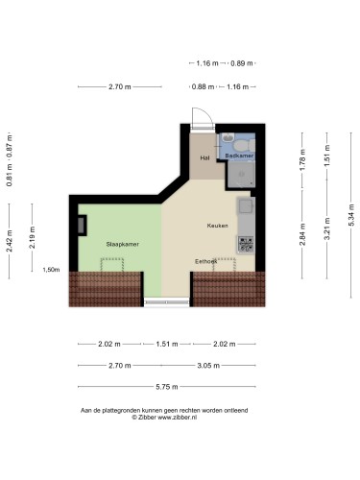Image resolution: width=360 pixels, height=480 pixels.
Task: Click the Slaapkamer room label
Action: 123,244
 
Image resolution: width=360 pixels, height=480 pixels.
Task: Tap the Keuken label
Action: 217,226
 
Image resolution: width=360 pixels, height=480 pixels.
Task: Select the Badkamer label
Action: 239,156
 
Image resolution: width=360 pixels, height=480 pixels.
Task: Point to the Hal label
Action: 204,157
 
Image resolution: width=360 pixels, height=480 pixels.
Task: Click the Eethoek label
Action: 206,261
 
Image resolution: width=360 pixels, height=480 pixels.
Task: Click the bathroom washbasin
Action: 228,138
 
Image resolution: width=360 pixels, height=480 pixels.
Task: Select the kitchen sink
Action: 246,205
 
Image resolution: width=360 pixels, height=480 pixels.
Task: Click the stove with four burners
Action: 246,244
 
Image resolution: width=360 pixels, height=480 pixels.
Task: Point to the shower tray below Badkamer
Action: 242,174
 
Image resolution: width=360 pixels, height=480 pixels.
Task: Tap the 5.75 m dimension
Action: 167,387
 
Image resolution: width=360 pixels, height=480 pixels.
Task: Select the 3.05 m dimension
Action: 208,365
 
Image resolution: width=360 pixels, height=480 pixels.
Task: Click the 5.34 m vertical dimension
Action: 351,215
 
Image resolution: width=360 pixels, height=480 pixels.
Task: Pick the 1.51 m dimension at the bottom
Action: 167,344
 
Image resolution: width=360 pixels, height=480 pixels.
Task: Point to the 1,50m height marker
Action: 51,270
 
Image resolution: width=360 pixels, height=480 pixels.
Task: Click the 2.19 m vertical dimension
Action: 32,237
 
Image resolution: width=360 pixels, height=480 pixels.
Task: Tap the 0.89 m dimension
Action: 242,63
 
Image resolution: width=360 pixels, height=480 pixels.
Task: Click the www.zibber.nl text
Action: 177,418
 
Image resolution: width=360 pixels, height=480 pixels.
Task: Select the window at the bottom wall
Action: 166,302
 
